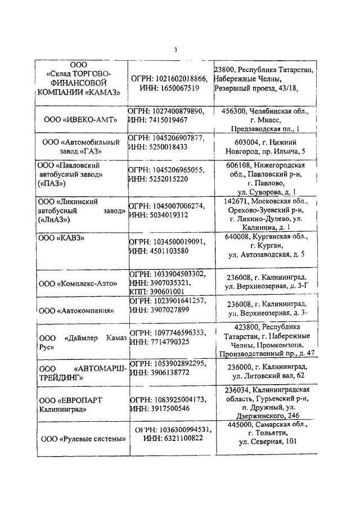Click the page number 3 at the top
(x=175, y=49)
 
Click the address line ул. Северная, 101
(x=268, y=442)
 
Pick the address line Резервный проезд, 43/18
(x=256, y=88)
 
